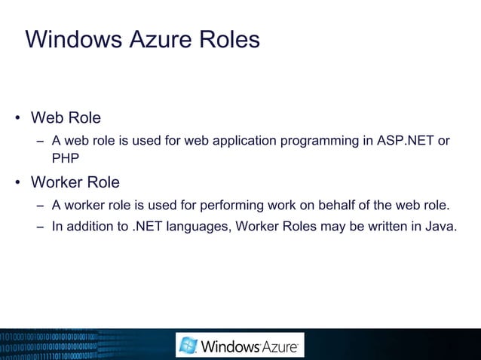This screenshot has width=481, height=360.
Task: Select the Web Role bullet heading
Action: pos(66,118)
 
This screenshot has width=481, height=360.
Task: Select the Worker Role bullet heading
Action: pos(75,183)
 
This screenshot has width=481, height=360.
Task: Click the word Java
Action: pos(441,224)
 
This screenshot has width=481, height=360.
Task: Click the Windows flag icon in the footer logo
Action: pos(188,346)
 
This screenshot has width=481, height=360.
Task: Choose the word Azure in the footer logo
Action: pos(280,347)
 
